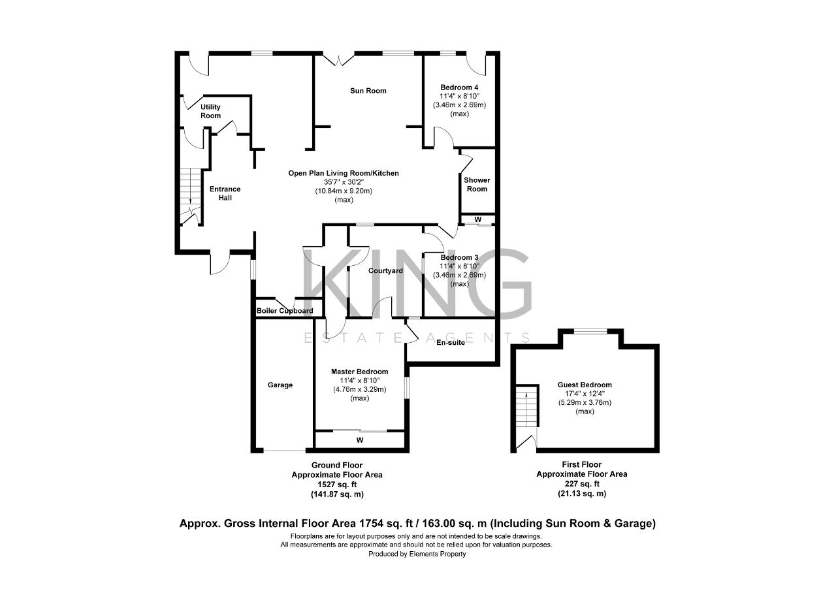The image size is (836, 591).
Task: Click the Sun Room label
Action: (x=368, y=91)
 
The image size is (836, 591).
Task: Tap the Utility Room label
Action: (x=210, y=111)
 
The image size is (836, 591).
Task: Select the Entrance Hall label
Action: (x=225, y=193)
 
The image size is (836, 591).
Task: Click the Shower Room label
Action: (x=477, y=184)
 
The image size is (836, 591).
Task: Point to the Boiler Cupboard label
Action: (x=285, y=311)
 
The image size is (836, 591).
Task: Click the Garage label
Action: (x=280, y=385)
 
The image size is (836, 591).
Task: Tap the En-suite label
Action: (x=451, y=342)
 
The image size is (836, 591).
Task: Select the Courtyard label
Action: (x=385, y=270)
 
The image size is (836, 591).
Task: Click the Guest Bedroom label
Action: (x=585, y=385)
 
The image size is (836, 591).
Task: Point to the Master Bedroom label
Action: (x=359, y=372)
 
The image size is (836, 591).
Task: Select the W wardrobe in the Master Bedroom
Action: (x=359, y=440)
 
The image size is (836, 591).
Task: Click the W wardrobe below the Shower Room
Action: (x=478, y=219)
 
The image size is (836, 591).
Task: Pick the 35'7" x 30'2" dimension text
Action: (x=344, y=182)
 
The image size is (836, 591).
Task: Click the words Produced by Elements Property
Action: (x=417, y=554)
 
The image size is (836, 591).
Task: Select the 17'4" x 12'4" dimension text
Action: (x=585, y=394)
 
